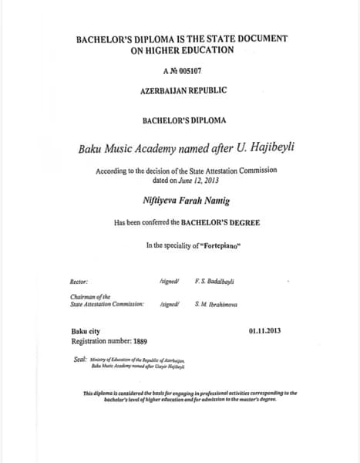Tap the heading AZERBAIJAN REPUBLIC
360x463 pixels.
click(x=183, y=90)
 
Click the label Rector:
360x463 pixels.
click(x=79, y=283)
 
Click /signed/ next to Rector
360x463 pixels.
click(x=169, y=283)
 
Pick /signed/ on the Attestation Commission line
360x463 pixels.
click(x=169, y=305)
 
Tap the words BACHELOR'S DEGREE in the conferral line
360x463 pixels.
click(x=220, y=222)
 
